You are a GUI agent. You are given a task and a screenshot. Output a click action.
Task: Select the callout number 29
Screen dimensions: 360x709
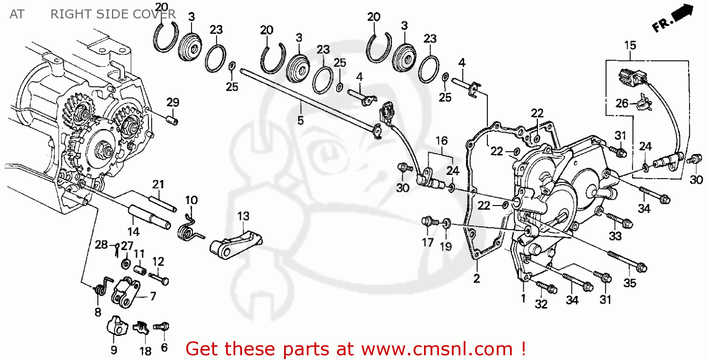(173, 103)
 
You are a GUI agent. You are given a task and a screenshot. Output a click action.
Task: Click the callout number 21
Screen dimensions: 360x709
(157, 184)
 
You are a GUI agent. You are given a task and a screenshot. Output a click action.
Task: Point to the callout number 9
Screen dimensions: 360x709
(114, 350)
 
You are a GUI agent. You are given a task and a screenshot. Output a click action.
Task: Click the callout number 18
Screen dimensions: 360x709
(146, 351)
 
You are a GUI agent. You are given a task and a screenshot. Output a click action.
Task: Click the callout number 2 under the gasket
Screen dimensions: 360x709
(476, 278)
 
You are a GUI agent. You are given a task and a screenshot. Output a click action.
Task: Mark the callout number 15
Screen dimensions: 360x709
(630, 45)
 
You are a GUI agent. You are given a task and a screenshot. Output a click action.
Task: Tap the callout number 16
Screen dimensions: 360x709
(441, 140)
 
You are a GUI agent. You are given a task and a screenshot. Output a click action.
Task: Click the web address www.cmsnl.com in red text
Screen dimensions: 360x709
(437, 349)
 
